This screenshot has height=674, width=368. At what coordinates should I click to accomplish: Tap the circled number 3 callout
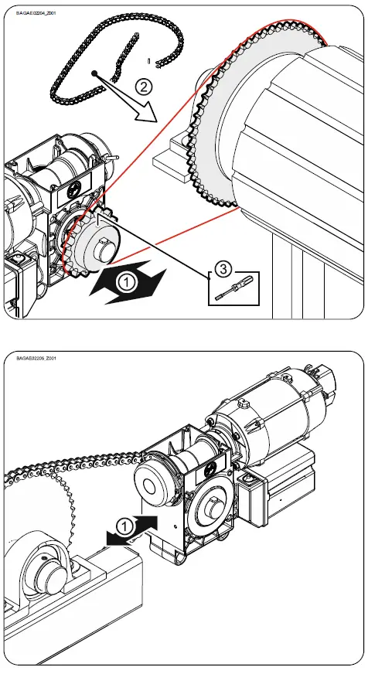[221, 268]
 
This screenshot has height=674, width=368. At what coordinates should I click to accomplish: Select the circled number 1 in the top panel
[125, 284]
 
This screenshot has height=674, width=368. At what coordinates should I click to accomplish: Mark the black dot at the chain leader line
[93, 73]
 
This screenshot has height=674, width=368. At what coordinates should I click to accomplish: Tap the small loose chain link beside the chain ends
[148, 59]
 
